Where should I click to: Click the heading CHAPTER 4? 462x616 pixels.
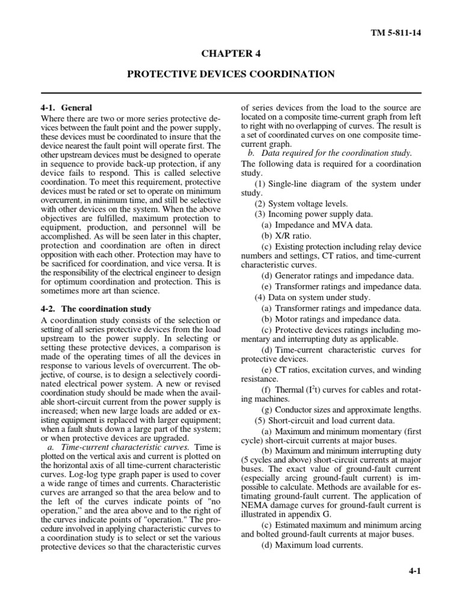pyautogui.click(x=230, y=54)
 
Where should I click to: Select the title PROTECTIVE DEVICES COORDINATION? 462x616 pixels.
pyautogui.click(x=230, y=74)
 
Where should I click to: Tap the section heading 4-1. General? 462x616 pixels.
pyautogui.click(x=65, y=108)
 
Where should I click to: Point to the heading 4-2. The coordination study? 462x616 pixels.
pyautogui.click(x=94, y=309)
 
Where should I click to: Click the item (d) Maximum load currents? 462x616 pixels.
pyautogui.click(x=312, y=545)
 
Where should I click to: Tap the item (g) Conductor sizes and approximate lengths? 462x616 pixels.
pyautogui.click(x=340, y=409)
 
